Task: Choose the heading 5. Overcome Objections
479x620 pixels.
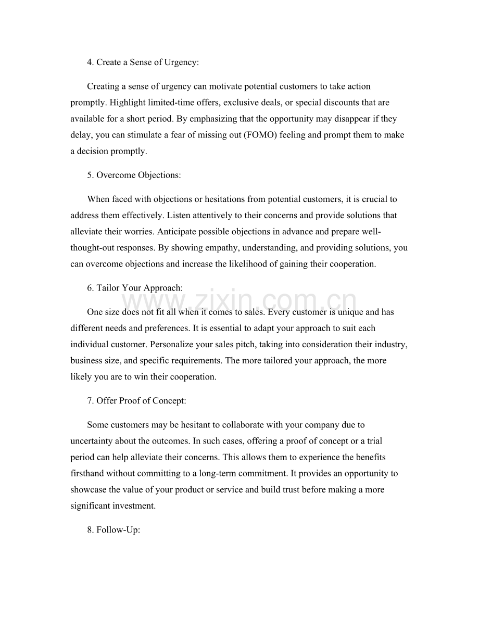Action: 134,175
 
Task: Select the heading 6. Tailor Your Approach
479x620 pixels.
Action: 134,288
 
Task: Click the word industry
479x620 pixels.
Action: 390,344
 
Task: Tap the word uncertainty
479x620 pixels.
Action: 90,441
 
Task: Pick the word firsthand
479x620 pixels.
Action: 87,474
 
